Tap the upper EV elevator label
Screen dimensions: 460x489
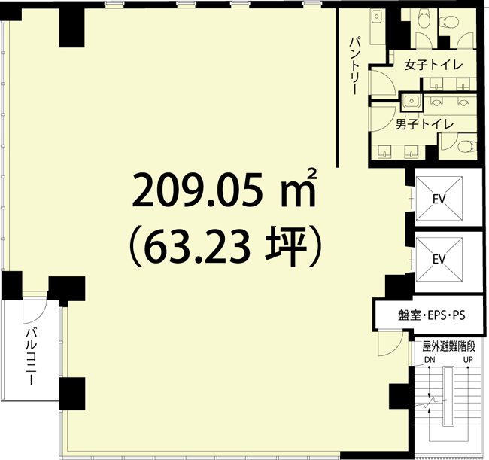[439, 200]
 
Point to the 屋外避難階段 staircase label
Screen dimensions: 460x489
[448, 347]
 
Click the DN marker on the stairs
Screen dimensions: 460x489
[430, 359]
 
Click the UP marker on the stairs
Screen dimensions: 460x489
[468, 359]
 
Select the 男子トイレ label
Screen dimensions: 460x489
[424, 123]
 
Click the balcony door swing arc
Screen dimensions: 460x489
[34, 308]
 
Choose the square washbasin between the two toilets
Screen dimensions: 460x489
[411, 100]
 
